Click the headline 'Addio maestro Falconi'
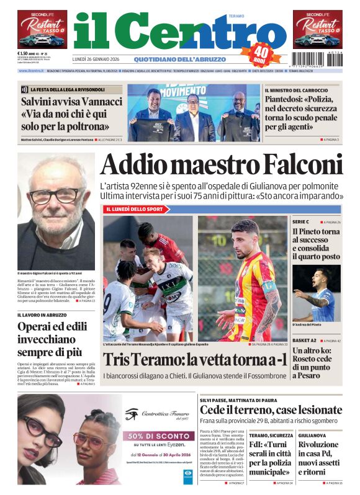[x=221, y=165]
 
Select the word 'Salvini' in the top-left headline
[x=38, y=100]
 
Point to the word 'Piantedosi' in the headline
[x=286, y=99]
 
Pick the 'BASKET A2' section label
[x=306, y=341]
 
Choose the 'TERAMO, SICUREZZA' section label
[x=271, y=435]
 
